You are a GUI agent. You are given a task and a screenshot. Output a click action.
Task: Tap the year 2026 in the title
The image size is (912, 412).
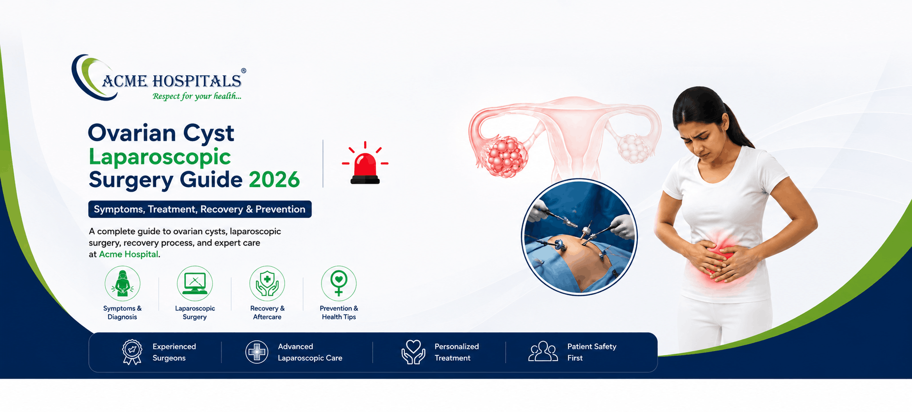click(x=274, y=180)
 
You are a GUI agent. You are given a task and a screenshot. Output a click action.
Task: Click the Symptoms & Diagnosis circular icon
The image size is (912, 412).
click(x=122, y=283)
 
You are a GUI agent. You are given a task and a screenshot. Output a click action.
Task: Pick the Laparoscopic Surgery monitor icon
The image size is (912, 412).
click(x=195, y=283)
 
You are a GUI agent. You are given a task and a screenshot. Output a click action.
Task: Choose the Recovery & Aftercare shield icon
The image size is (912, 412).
click(x=267, y=283)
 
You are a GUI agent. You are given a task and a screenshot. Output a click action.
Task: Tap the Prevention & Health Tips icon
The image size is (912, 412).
click(x=339, y=283)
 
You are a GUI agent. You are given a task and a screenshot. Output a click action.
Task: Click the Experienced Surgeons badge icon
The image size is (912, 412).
click(x=132, y=352)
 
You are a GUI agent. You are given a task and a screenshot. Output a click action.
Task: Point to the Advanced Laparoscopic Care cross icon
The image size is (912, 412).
click(x=257, y=352)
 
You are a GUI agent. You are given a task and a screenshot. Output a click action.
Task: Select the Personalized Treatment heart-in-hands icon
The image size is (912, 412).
click(x=413, y=352)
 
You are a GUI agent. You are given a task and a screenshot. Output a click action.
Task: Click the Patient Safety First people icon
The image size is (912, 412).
click(x=543, y=351)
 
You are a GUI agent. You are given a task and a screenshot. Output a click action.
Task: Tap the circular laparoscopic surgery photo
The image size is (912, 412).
click(x=579, y=237)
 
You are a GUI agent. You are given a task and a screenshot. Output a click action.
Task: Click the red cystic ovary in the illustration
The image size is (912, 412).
click(x=506, y=156)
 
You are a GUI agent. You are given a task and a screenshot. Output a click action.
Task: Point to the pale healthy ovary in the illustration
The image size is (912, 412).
click(x=634, y=149)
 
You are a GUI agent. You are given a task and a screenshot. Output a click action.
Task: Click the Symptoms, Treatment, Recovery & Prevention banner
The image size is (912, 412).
click(x=200, y=209)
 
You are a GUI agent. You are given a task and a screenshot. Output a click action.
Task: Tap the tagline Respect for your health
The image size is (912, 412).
click(x=197, y=96)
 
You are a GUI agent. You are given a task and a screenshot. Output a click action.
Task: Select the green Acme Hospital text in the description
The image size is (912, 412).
click(x=129, y=254)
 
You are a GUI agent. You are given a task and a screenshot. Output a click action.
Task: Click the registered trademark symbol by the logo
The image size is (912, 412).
click(x=243, y=71)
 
